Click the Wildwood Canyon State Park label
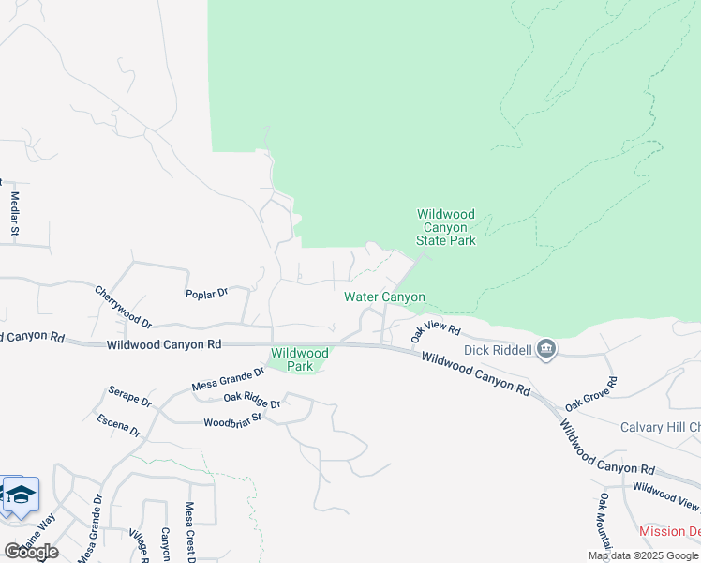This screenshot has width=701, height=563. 446,228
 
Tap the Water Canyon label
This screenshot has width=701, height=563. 384,297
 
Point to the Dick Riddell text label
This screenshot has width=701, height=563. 497,351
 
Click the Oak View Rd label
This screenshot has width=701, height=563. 437,331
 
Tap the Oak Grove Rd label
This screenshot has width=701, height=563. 591,394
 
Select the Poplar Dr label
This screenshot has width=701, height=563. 207,294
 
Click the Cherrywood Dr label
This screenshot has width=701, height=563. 123,308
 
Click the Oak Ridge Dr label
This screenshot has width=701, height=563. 252,402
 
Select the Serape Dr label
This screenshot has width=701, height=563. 129,396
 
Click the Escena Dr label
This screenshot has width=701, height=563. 118,425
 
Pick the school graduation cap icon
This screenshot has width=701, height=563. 20,494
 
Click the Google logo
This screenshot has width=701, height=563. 30,551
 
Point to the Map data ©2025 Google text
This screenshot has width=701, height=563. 642,555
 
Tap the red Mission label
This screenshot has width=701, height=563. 669,531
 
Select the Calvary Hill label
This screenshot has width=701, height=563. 660,428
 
